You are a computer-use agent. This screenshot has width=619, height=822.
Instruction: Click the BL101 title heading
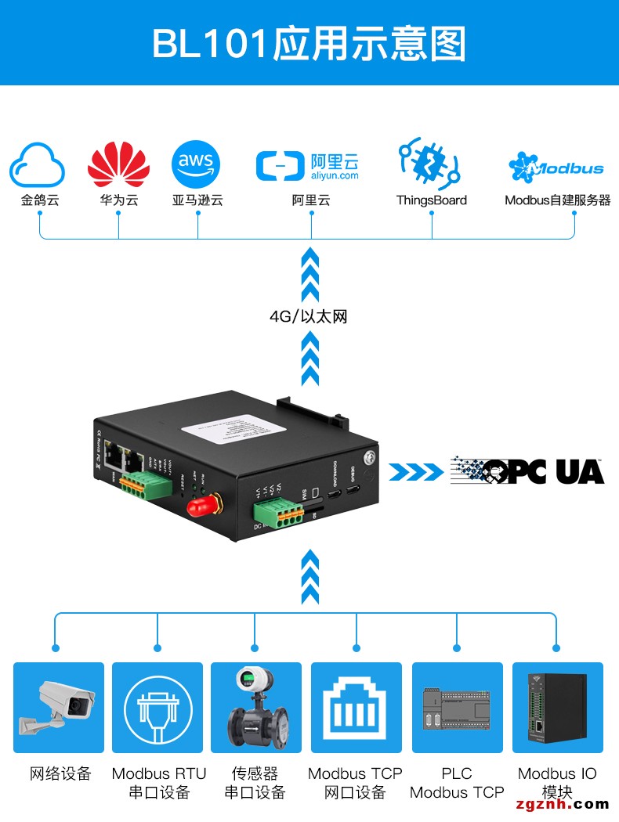[309, 44]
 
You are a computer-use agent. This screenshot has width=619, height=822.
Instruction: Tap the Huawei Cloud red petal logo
[118, 164]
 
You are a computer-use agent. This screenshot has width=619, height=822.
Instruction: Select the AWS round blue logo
[196, 164]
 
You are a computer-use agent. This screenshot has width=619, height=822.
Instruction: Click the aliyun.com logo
[307, 166]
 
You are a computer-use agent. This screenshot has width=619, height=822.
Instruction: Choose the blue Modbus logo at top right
[556, 167]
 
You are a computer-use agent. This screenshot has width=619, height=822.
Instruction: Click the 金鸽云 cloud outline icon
[37, 164]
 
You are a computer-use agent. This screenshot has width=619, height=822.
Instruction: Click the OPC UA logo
[527, 470]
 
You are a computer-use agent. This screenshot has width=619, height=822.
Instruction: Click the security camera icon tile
[59, 708]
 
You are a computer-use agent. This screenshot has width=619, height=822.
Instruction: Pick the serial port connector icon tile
[157, 708]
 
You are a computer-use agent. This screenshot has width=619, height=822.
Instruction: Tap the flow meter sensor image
[256, 708]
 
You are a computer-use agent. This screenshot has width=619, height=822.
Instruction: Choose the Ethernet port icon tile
[357, 708]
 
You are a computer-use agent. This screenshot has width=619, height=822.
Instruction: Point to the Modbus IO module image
[557, 708]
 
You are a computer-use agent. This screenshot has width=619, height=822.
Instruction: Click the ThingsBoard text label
[431, 200]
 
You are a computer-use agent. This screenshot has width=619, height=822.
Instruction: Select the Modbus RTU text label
[159, 773]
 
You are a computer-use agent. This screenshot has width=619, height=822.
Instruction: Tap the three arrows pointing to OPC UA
[414, 471]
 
